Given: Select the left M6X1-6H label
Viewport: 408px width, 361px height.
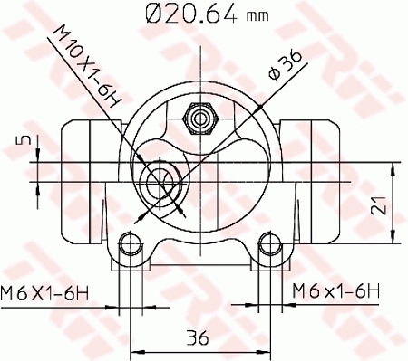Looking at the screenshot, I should click(x=45, y=292).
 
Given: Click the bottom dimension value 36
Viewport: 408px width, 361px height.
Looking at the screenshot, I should click(x=198, y=338).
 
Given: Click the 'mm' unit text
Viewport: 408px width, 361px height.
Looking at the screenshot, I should click(x=258, y=15).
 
